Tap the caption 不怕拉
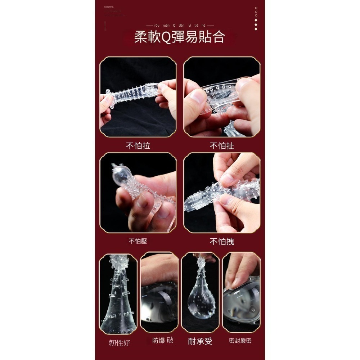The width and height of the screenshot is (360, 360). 138,146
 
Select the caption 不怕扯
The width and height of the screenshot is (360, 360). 222,146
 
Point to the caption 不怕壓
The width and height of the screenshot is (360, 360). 138,241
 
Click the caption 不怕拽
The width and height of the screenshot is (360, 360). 222,241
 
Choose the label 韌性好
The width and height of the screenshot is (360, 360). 120,342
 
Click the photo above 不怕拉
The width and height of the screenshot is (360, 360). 138,96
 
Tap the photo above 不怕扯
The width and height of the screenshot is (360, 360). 222,96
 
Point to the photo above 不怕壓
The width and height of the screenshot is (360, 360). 138,193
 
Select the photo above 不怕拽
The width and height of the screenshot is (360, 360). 222,193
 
